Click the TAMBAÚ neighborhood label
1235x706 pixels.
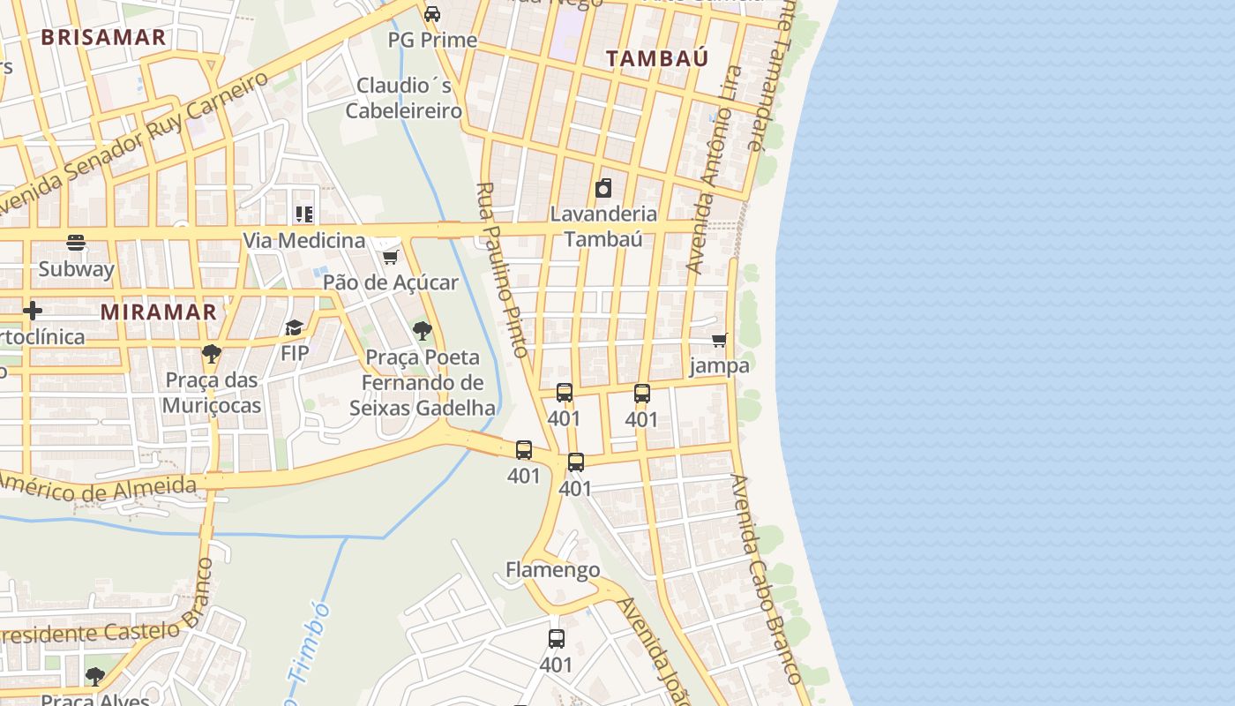[x=657, y=58]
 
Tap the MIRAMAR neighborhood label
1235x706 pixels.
[x=158, y=312]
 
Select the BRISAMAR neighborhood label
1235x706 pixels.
[x=103, y=37]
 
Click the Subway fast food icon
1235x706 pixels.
[x=76, y=243]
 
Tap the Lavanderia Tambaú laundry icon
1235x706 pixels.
[x=603, y=188]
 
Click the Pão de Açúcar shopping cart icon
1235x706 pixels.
[x=390, y=257]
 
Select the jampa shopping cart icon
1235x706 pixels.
[x=719, y=340]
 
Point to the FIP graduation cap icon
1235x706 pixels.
[x=294, y=328]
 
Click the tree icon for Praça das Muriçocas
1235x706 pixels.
[x=211, y=354]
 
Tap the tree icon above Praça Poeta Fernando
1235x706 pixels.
[x=423, y=331]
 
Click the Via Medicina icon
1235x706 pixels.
[x=303, y=214]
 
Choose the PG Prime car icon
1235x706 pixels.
[x=432, y=14]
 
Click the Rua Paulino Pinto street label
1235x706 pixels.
[x=503, y=269]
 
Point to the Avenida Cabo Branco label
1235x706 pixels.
[x=766, y=580]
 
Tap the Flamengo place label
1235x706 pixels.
[x=552, y=570]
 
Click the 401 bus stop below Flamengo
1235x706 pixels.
[x=556, y=639]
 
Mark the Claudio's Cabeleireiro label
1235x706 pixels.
[x=404, y=98]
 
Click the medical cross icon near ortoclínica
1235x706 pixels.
[x=33, y=311]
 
